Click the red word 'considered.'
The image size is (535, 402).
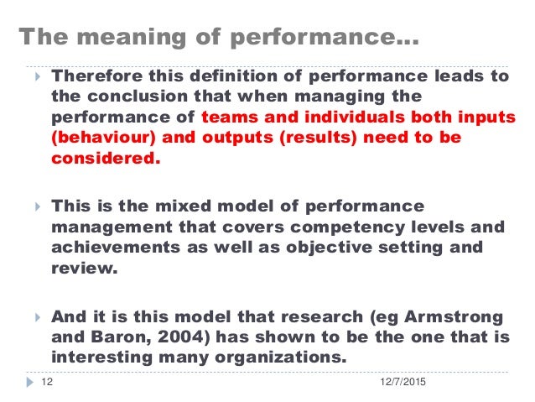[105, 158]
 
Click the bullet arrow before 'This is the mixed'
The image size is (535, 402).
[34, 206]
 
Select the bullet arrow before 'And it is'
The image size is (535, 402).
[34, 318]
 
